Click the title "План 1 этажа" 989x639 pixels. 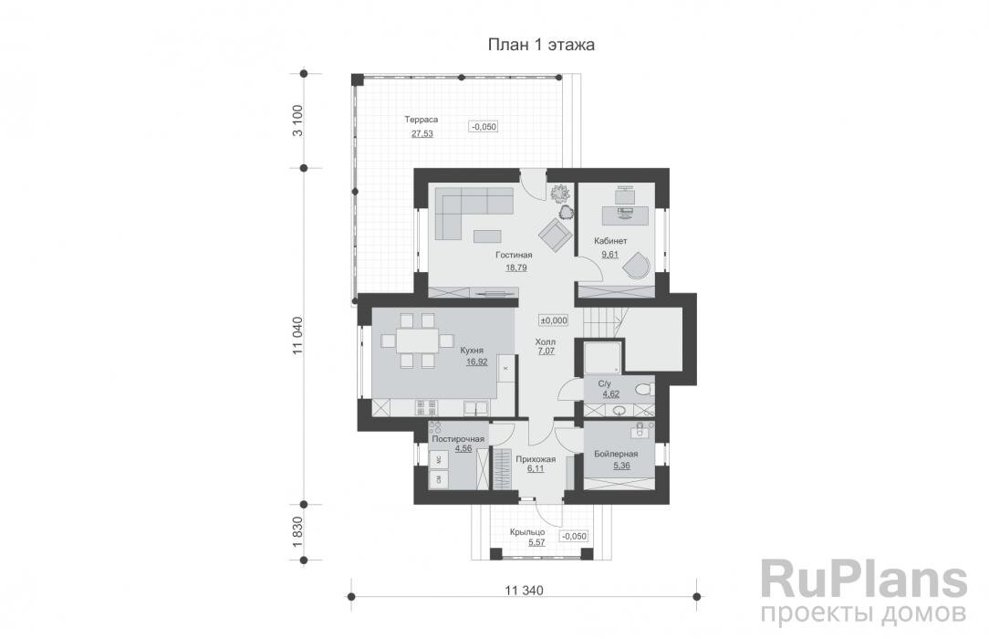pos(541,45)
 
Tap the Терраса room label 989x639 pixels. pos(423,120)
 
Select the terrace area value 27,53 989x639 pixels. pos(422,133)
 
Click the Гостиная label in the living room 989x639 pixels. pos(514,256)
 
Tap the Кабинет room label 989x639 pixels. pos(610,241)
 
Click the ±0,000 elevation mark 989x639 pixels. pos(554,320)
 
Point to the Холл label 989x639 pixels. pos(546,340)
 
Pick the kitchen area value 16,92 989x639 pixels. pos(476,361)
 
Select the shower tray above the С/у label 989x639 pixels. pos(602,357)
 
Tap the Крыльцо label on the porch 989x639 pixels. pos(528,531)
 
